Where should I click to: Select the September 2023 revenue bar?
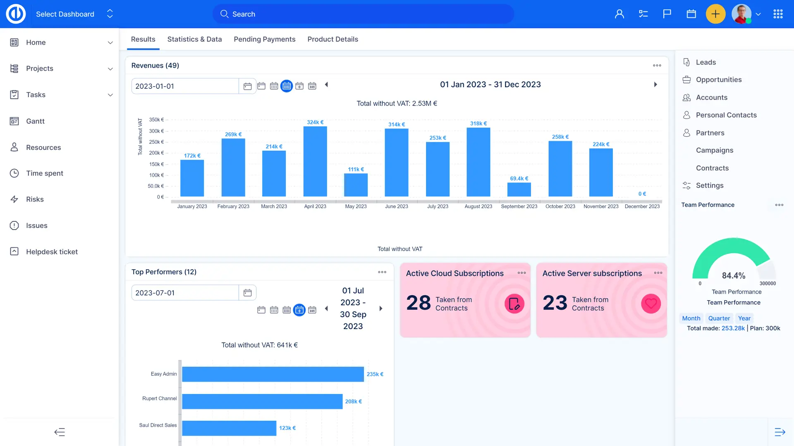click(519, 190)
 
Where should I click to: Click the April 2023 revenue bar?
click(315, 161)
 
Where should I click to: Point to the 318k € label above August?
click(478, 123)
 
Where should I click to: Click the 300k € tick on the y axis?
click(156, 131)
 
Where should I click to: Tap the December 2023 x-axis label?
click(642, 206)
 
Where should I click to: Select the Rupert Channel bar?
click(262, 401)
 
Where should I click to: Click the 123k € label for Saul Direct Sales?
click(287, 428)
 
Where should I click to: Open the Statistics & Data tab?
click(194, 39)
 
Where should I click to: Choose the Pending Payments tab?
click(265, 39)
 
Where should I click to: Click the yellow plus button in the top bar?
click(715, 14)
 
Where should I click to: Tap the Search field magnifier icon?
click(224, 14)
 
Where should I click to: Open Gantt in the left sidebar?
click(35, 121)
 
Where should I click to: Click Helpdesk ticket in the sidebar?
click(52, 251)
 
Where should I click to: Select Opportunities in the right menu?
click(719, 80)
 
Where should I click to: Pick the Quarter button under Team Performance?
click(719, 318)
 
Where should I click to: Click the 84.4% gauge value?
click(734, 275)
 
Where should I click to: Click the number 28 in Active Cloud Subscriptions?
click(419, 303)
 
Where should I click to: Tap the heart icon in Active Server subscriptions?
click(651, 304)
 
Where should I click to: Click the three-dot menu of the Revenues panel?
click(657, 65)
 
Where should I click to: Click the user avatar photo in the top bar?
click(741, 14)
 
